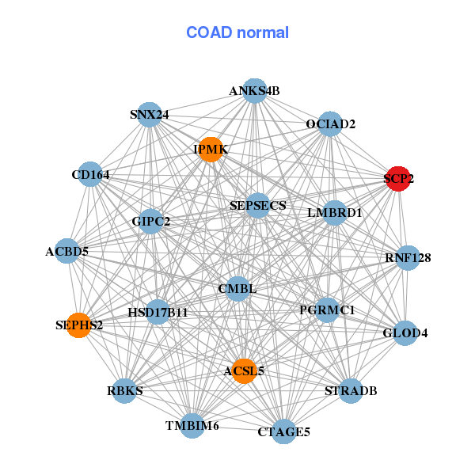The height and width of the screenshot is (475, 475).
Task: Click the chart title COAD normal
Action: point(237,32)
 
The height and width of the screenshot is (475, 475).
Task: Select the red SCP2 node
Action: point(398,179)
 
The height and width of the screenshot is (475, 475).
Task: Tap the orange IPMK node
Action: point(210,149)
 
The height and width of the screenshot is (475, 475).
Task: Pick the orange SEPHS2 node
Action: point(78,325)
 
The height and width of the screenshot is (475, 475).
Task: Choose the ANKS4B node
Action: point(254,90)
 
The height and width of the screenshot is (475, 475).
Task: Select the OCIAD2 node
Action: point(331,124)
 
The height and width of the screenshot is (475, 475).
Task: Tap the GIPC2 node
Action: point(151,222)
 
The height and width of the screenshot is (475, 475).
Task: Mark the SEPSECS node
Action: point(257,206)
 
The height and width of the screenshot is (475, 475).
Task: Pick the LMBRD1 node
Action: point(334,213)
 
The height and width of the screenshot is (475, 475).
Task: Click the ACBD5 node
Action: point(67,253)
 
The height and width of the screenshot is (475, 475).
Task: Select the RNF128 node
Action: point(407,258)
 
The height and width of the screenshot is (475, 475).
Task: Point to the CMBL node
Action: point(237,289)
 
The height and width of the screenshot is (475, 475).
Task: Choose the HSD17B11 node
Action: point(158,313)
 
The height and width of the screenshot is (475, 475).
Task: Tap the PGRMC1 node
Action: point(327,310)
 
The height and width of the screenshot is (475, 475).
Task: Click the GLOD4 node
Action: point(405,333)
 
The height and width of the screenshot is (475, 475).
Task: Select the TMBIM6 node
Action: point(192,426)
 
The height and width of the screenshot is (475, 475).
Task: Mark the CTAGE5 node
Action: point(283,431)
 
